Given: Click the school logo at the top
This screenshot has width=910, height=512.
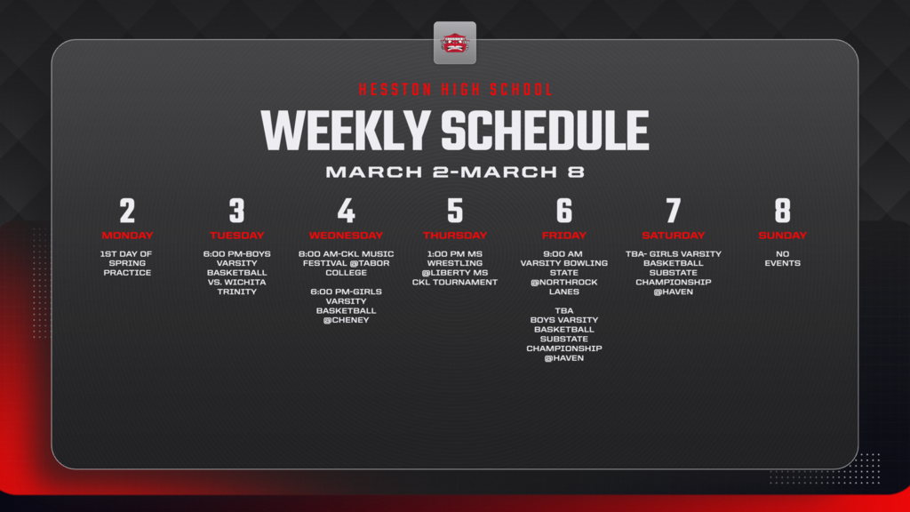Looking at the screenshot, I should (x=455, y=43).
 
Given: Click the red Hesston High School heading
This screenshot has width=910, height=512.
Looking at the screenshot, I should (x=455, y=90).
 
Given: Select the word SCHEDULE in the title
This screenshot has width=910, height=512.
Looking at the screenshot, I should (x=545, y=130).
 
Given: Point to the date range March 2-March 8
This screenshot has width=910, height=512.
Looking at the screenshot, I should (x=455, y=172).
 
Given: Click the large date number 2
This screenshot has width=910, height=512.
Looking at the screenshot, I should (x=127, y=211).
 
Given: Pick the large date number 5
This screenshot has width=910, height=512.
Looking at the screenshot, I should (x=455, y=211).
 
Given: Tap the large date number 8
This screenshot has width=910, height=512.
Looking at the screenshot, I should (x=782, y=211).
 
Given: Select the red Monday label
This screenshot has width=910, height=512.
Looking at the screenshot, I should (x=127, y=236).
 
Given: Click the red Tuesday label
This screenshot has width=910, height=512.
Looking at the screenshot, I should (x=236, y=236).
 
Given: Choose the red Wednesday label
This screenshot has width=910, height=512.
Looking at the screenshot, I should (x=346, y=236).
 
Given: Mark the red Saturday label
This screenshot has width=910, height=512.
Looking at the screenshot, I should (x=674, y=236).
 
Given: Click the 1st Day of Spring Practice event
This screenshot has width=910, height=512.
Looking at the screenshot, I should (x=127, y=263).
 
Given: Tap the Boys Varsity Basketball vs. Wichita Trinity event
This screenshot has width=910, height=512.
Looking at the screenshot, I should (x=236, y=273).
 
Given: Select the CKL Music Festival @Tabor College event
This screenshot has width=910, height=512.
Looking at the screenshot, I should (x=346, y=263).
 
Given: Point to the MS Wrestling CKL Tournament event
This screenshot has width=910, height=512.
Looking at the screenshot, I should (x=455, y=268).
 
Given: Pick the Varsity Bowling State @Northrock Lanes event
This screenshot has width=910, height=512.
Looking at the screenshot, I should (x=564, y=273).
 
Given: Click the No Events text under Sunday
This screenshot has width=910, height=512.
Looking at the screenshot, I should (x=782, y=259).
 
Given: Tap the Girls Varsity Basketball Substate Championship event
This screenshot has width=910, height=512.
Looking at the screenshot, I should (x=674, y=273).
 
